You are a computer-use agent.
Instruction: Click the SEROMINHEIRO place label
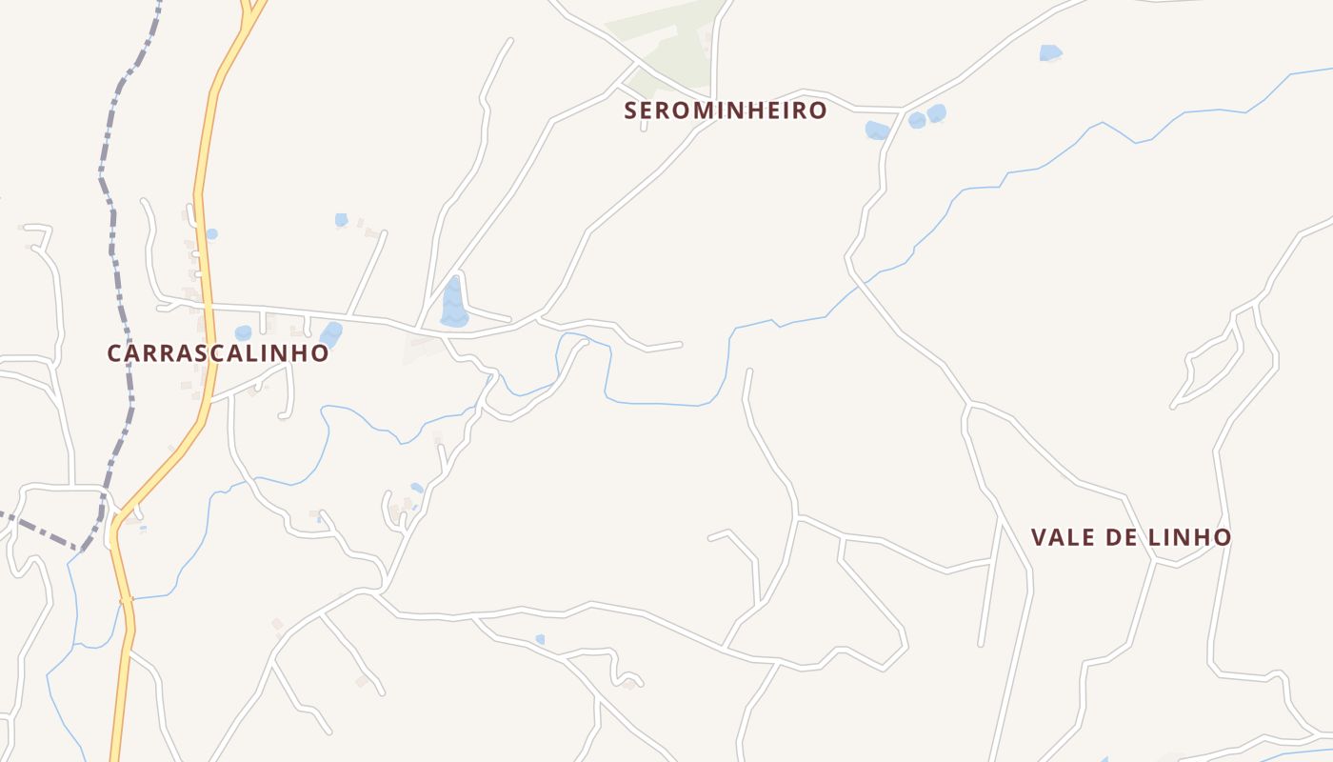click(x=726, y=110)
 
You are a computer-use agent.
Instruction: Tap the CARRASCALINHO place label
click(x=218, y=353)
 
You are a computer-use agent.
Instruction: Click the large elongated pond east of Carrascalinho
click(x=454, y=303)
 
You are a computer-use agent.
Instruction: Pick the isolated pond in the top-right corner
click(x=1050, y=52)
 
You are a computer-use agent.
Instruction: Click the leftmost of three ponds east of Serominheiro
click(x=876, y=130)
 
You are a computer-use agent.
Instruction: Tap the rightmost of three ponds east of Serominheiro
click(x=937, y=113)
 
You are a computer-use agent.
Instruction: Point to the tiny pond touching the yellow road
click(x=211, y=233)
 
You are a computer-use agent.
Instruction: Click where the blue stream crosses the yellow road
click(x=125, y=600)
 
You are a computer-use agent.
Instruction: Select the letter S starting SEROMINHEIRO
click(x=630, y=110)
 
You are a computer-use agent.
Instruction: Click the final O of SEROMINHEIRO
click(x=818, y=110)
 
